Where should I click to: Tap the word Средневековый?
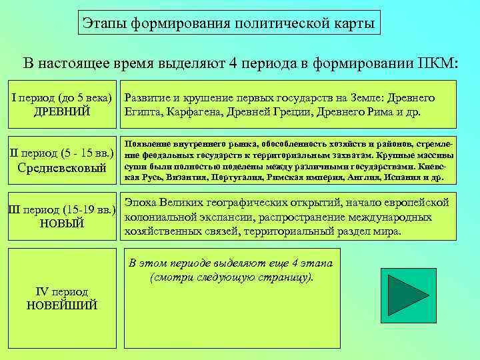(x=62, y=168)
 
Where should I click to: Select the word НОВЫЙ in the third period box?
(x=62, y=224)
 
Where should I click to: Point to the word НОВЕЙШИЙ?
(x=62, y=305)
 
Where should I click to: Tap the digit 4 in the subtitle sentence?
(x=233, y=64)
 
